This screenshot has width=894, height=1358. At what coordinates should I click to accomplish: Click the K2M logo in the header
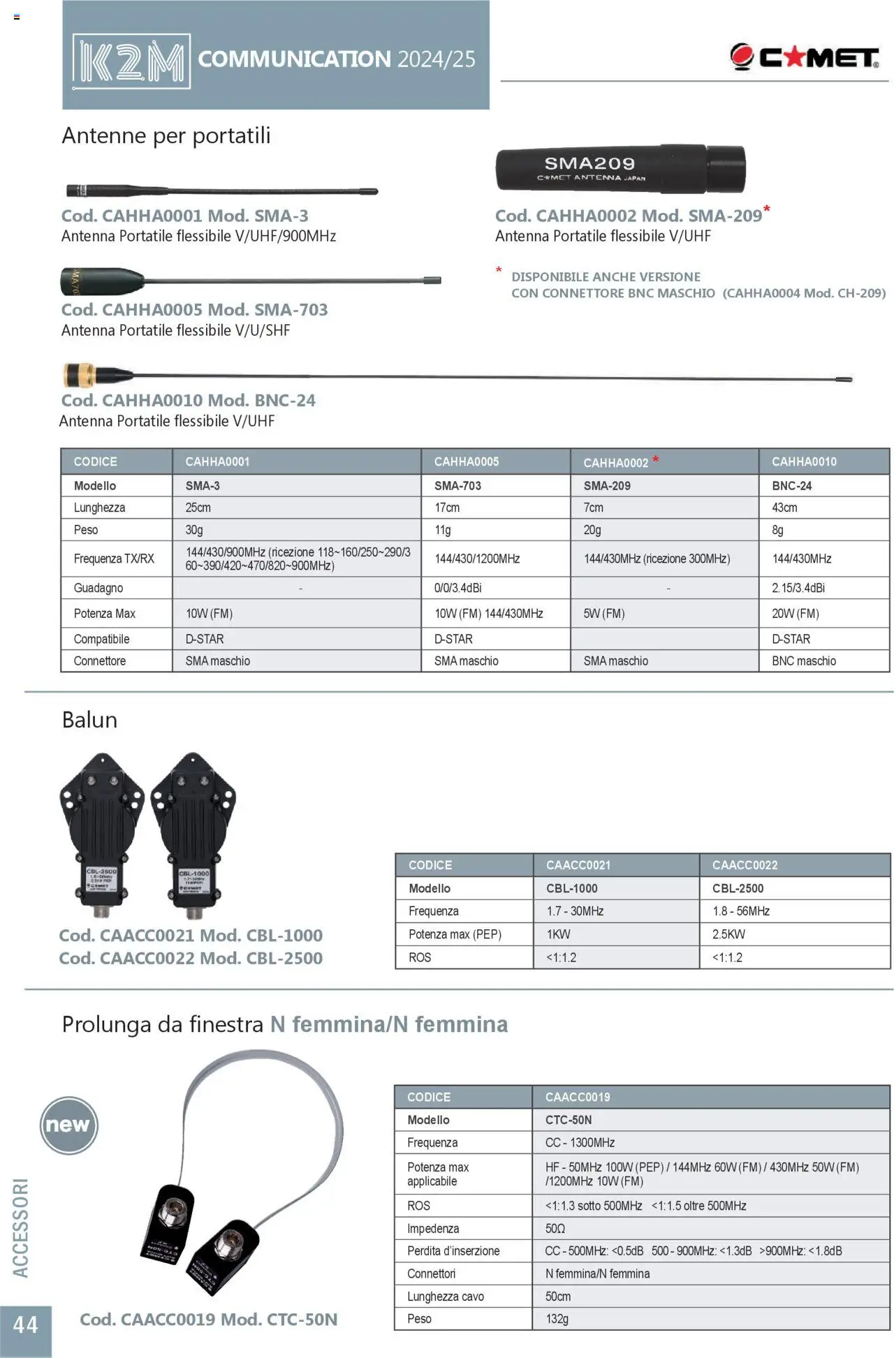coord(131,61)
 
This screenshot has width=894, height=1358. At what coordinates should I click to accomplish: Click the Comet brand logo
coord(804,57)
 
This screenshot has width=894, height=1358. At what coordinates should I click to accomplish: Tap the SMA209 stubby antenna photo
coord(620,169)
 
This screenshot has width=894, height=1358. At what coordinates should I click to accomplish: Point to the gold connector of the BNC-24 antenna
coord(79,375)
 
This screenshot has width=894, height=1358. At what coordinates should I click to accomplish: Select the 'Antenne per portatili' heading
coord(166,135)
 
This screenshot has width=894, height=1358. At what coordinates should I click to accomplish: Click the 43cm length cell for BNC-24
coord(784,508)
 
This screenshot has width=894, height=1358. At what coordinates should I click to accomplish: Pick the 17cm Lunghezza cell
coord(447,508)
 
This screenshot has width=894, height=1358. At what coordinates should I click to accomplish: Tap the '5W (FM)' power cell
coord(604,614)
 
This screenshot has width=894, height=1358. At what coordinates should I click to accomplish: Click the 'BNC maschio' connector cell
coord(804,660)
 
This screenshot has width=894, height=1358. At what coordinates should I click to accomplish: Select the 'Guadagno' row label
coord(98,588)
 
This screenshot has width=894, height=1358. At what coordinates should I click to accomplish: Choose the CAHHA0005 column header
coord(467,462)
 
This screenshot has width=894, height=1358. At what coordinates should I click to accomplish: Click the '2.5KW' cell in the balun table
coord(728,934)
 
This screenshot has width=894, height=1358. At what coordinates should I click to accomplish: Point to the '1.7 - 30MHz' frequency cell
coord(575,911)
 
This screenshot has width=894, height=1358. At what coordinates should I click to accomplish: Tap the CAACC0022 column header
coord(745,865)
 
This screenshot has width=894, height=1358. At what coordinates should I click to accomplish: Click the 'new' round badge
coord(68,1125)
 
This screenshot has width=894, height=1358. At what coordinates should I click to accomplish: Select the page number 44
coord(26,1324)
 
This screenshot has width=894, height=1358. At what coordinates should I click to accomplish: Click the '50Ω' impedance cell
coord(555,1228)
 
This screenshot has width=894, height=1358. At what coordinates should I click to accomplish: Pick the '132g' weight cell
coord(557,1319)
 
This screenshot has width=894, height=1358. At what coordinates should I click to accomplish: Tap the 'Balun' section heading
coord(89,720)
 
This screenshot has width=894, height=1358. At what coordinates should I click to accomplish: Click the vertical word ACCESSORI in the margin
coord(21,1228)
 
